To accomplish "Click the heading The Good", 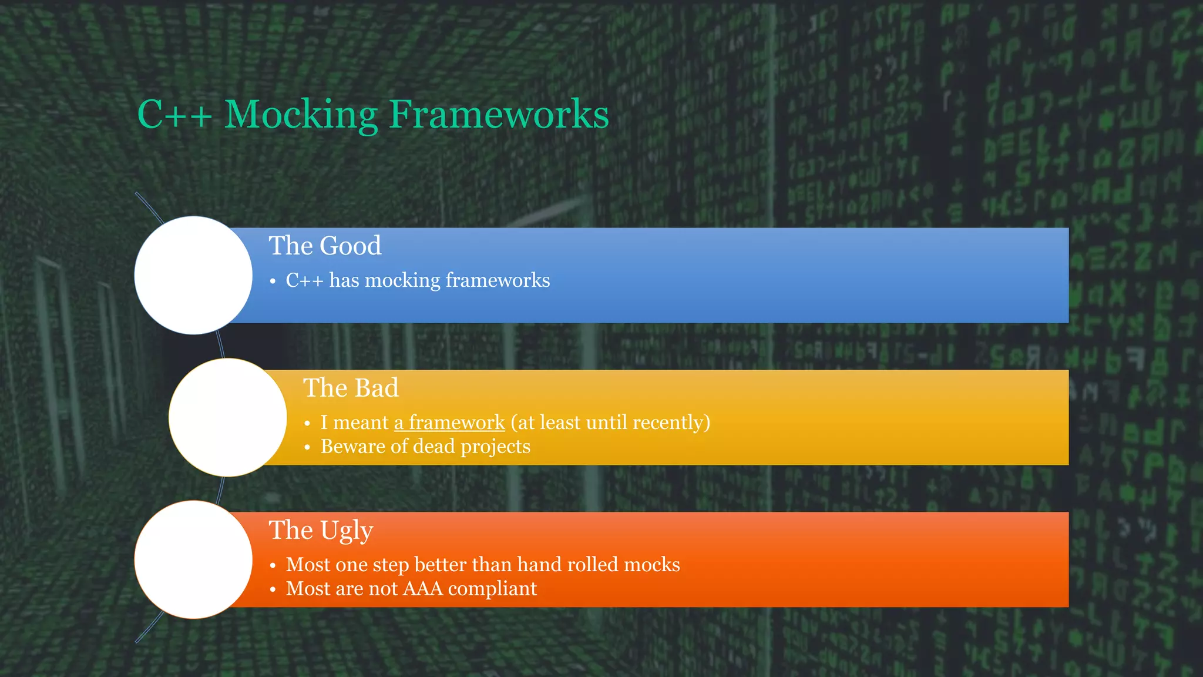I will coord(325,246).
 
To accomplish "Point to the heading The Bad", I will coord(351,388).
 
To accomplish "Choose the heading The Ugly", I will coord(321,530).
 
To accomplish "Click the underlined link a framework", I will coord(449,423).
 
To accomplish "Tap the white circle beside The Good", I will coord(193,275).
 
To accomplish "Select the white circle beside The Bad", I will coord(228,417).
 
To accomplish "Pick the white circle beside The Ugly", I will coord(193,559).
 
